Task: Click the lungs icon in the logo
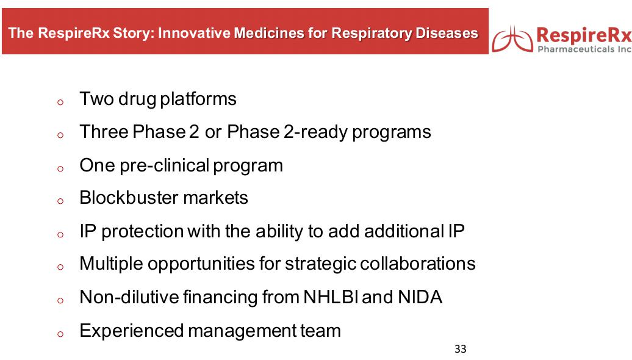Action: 512,38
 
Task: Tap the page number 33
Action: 461,349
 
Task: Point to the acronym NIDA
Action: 420,297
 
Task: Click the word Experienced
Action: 131,331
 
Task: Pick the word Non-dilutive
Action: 129,297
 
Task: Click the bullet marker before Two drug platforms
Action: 60,102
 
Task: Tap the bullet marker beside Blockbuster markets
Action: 60,201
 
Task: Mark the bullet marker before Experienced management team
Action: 60,334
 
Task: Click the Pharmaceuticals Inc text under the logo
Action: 584,49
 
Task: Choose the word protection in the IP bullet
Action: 143,232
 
